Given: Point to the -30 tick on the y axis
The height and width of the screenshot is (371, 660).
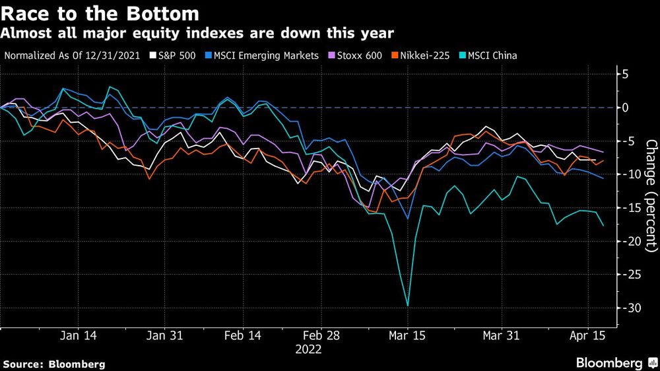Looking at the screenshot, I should click(x=632, y=308).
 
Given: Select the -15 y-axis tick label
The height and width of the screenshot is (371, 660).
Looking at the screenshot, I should click(x=632, y=208).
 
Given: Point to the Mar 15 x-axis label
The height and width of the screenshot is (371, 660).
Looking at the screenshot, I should click(x=407, y=335).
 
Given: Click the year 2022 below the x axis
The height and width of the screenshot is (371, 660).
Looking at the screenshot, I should click(x=309, y=349).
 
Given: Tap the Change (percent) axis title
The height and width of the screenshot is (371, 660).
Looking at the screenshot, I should click(x=651, y=195).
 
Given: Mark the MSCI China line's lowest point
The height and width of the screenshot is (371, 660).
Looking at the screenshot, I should click(x=407, y=306).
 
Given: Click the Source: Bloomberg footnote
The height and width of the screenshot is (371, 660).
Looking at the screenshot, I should click(x=54, y=364).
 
